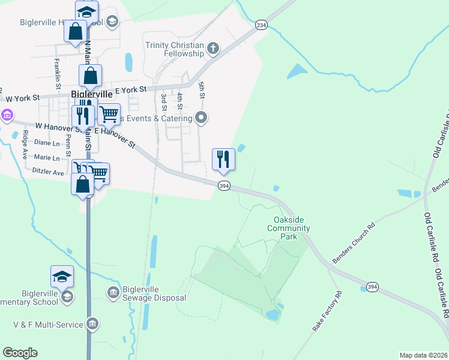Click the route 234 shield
point(261,25)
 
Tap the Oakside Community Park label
point(288,228)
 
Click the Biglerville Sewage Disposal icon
point(113,292)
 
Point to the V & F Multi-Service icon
point(92,325)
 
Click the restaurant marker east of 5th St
point(223,160)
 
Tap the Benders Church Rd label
point(354,244)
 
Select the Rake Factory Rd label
point(327,312)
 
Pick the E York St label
point(130,89)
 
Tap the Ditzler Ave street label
point(49,172)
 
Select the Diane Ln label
point(47,143)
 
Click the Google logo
point(20,353)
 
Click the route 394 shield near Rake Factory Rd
point(372,287)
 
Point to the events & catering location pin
point(202,118)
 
